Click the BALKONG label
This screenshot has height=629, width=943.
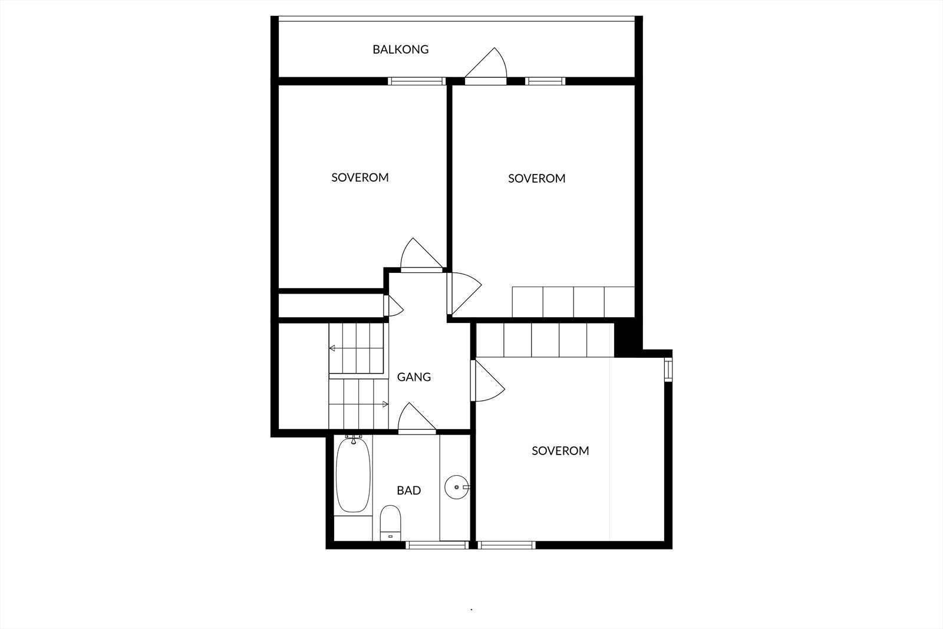point(400,50)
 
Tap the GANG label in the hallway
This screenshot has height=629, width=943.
point(414,377)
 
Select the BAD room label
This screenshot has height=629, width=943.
point(408,490)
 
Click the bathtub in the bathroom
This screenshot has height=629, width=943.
point(353,475)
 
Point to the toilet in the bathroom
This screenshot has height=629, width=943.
point(390,521)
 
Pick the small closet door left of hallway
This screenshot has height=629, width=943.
point(392,306)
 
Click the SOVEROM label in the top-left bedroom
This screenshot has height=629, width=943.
point(360,177)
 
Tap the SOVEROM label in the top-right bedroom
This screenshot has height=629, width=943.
point(536,178)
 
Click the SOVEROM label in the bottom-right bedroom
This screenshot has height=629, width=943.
point(560,451)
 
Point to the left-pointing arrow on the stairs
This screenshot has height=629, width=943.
point(332,348)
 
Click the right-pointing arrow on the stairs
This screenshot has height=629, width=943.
point(385,404)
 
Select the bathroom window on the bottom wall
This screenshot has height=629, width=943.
point(436,545)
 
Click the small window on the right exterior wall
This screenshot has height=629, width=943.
point(668,369)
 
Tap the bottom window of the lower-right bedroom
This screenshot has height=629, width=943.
point(507,545)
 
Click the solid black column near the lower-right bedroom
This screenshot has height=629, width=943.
point(624,339)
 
